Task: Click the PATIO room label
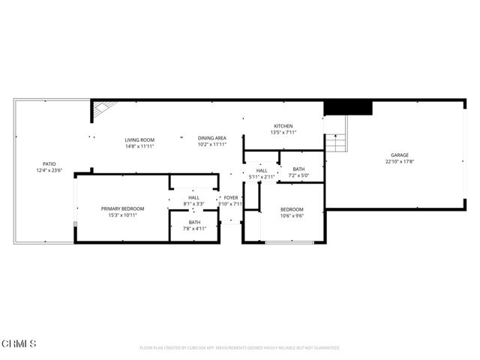click(49, 163)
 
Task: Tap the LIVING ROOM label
click(139, 139)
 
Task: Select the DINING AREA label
click(212, 138)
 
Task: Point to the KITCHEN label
click(283, 126)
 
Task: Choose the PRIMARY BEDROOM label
click(123, 208)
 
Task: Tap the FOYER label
click(231, 197)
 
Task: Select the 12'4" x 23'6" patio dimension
click(49, 170)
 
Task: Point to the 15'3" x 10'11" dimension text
click(123, 215)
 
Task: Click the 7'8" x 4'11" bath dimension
click(194, 229)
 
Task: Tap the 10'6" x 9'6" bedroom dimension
click(292, 215)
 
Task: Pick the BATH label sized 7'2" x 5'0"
click(298, 169)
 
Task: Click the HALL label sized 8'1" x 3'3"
click(193, 197)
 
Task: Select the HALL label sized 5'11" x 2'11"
click(262, 171)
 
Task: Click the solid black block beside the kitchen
click(348, 108)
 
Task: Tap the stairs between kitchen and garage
click(337, 138)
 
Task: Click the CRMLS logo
click(19, 343)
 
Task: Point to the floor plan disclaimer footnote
click(240, 348)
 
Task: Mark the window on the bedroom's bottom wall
click(290, 241)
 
